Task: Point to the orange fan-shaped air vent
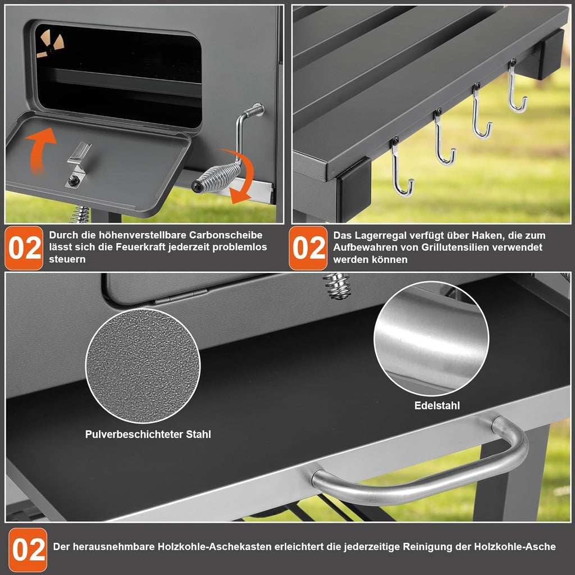pyautogui.click(x=50, y=43)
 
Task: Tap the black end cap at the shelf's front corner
pyautogui.click(x=354, y=189)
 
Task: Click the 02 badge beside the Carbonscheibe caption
pyautogui.click(x=24, y=248)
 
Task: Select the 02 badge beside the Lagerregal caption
pyautogui.click(x=308, y=248)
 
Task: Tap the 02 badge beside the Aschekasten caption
pyautogui.click(x=28, y=549)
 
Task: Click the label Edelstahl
pyautogui.click(x=437, y=405)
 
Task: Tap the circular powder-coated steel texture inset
pyautogui.click(x=143, y=366)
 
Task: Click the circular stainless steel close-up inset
pyautogui.click(x=431, y=339)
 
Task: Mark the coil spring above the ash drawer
pyautogui.click(x=337, y=286)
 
